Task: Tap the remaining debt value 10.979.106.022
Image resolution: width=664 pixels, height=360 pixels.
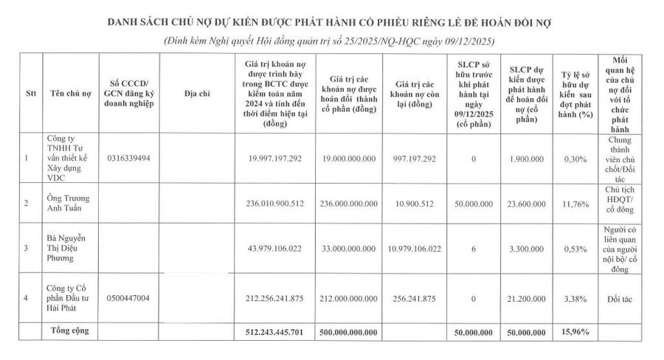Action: (413, 248)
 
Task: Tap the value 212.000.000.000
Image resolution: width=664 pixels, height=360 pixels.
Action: (348, 297)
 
